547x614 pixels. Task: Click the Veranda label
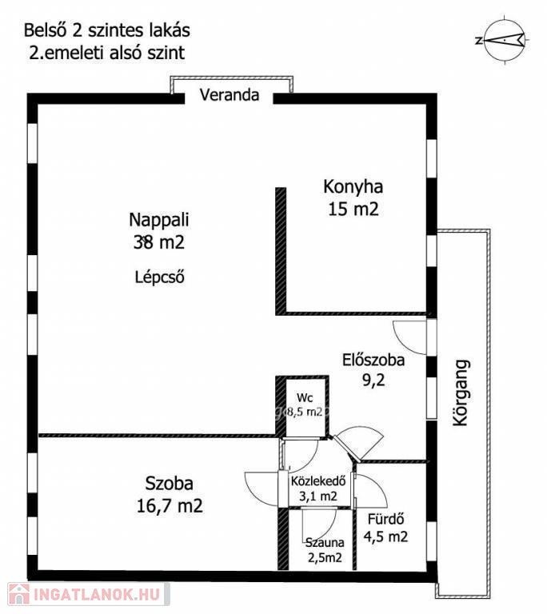(x=230, y=95)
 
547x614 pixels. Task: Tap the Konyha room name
(x=353, y=187)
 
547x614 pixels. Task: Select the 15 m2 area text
(x=353, y=209)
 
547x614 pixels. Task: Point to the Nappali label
(x=158, y=220)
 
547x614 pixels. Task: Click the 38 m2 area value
(x=158, y=242)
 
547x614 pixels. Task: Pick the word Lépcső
(x=159, y=277)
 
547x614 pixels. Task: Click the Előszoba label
(x=373, y=360)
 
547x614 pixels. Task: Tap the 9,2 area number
(x=373, y=381)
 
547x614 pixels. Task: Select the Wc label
(x=305, y=398)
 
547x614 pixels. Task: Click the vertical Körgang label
(x=461, y=393)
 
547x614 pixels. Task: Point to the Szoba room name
(x=170, y=484)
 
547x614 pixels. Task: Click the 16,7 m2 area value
(x=170, y=506)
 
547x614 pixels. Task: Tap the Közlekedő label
(x=318, y=480)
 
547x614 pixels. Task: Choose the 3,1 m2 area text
(x=318, y=496)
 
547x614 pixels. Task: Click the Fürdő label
(x=385, y=519)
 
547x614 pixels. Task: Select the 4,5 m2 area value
(x=385, y=536)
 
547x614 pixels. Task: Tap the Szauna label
(x=325, y=543)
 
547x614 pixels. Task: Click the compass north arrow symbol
(x=504, y=40)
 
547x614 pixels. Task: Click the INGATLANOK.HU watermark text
(x=97, y=595)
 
